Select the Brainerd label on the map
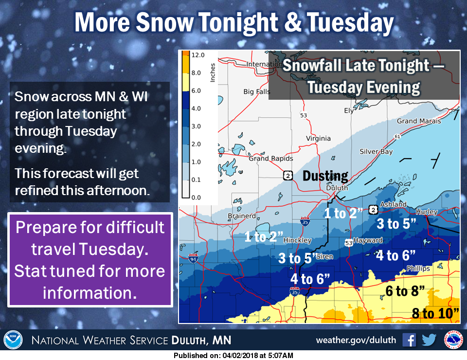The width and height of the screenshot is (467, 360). (242, 216)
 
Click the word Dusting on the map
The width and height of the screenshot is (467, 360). (325, 176)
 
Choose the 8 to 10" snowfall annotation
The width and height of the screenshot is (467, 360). (435, 313)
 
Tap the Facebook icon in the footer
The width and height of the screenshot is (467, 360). (409, 340)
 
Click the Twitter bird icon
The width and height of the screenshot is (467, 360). (429, 340)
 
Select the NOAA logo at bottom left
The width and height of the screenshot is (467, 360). (14, 340)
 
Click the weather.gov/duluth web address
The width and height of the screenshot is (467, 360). (356, 340)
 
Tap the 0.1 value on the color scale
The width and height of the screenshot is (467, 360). (197, 180)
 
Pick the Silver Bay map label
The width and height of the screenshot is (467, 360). (376, 152)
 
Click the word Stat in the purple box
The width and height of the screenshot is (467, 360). (31, 271)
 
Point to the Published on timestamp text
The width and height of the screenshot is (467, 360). (233, 356)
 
